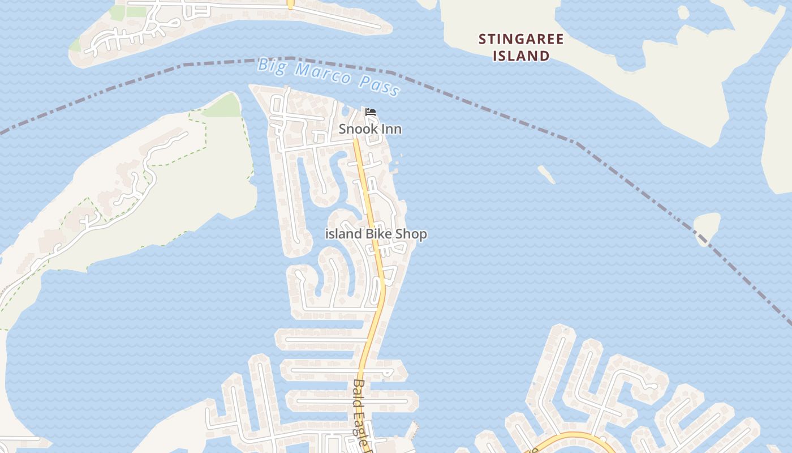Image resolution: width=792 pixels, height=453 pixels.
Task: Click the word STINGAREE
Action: [x=521, y=39]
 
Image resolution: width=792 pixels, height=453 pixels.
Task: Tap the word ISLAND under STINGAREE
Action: [x=521, y=55]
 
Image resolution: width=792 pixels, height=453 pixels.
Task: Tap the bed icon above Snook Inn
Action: [x=371, y=112]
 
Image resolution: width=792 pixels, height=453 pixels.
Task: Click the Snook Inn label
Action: [x=370, y=129]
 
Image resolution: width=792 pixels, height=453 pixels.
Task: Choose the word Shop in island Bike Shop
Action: [x=411, y=234]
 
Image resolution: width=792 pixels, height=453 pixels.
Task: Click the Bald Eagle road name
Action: [x=362, y=413]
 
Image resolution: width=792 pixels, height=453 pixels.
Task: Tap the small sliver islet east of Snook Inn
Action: [x=546, y=174]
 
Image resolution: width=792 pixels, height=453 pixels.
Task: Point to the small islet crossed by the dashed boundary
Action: [x=707, y=227]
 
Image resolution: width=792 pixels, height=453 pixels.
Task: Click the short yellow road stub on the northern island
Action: [x=290, y=5]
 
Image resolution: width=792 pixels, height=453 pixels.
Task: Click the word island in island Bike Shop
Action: [x=343, y=234]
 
